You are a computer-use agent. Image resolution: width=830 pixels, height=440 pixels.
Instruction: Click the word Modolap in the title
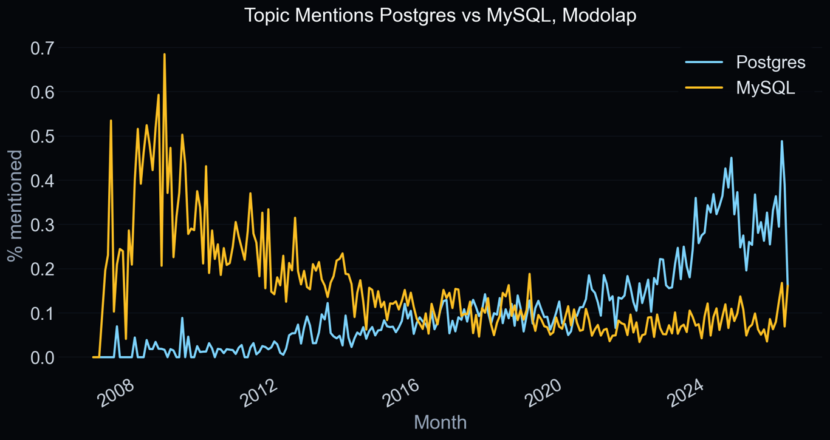pos(599,15)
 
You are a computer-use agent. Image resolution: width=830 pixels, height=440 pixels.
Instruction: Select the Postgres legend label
pos(770,62)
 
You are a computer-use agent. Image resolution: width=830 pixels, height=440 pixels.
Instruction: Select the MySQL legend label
pos(766,87)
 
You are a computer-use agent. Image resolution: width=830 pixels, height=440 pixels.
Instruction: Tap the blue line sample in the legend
pos(704,62)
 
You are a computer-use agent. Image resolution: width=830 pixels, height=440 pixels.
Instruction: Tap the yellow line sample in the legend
pos(704,87)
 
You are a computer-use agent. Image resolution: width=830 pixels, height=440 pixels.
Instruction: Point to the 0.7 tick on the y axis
pos(42,48)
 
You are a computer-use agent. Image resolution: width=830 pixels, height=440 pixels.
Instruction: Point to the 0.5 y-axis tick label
pos(42,137)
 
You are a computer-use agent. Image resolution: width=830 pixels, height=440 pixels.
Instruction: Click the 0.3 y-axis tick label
pos(42,225)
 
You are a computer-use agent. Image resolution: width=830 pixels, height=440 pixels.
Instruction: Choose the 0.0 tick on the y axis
pos(42,357)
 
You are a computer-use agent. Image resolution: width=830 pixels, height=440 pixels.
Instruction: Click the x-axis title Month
pos(440,422)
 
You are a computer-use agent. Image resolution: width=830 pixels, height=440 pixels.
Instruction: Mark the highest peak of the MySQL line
pos(164,55)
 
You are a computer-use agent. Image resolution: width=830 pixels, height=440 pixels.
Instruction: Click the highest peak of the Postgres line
pos(781,141)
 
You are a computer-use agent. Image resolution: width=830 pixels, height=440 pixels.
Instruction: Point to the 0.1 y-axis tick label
pos(42,313)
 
